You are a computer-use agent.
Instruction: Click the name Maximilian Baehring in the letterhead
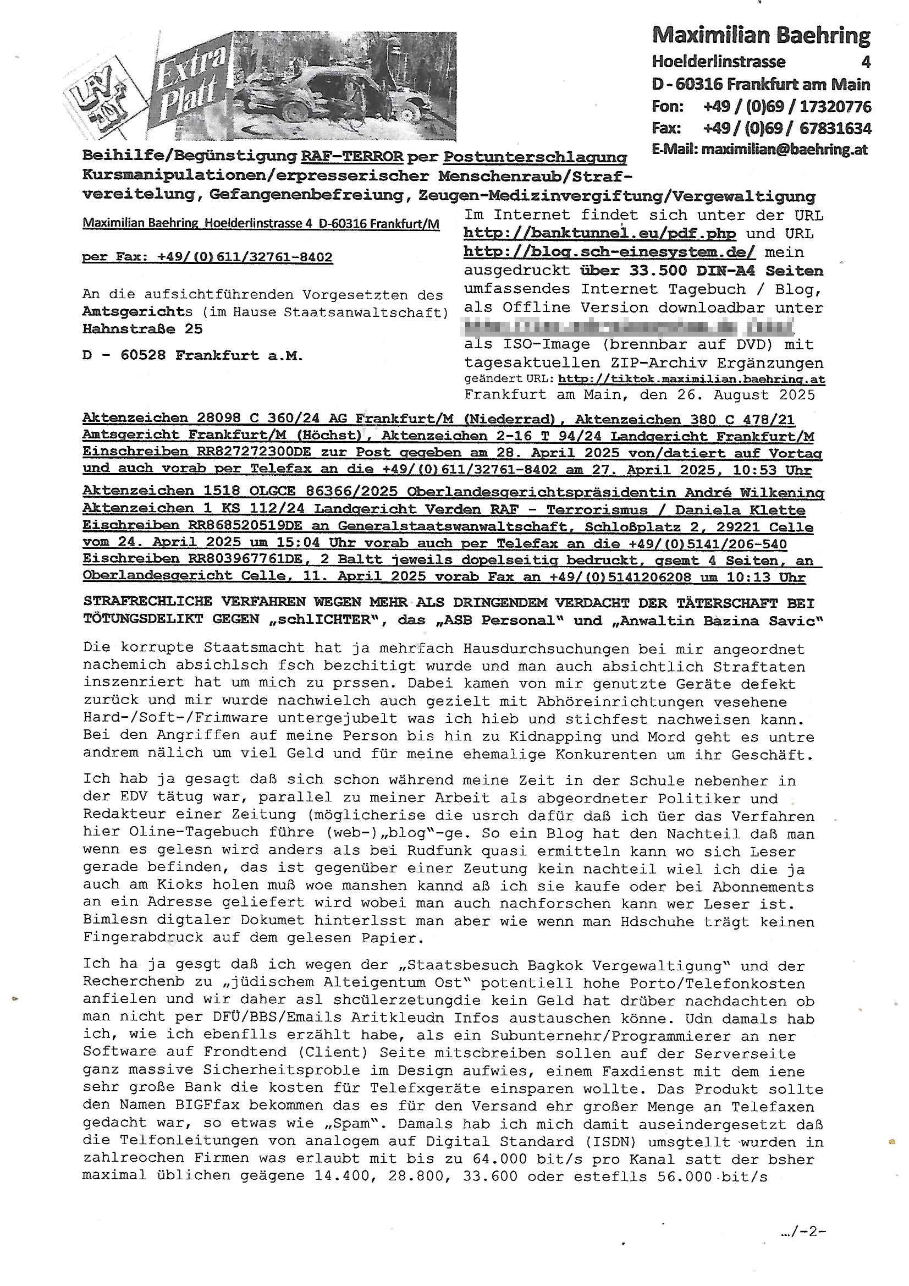[761, 35]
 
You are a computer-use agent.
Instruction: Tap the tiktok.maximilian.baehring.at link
[691, 379]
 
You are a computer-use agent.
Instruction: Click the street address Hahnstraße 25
[142, 329]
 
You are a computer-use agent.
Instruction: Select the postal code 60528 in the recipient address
[143, 356]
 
